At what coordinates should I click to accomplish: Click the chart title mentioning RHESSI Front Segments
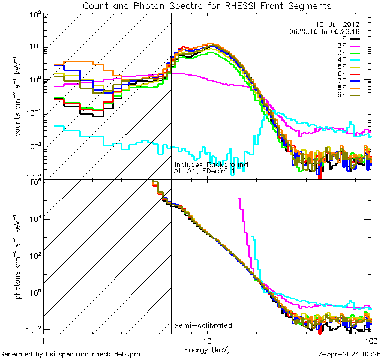pyautogui.click(x=206, y=6)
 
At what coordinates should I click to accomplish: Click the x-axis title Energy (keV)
pyautogui.click(x=207, y=350)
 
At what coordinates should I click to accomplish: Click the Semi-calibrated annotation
pyautogui.click(x=203, y=326)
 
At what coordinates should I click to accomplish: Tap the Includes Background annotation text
pyautogui.click(x=211, y=164)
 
